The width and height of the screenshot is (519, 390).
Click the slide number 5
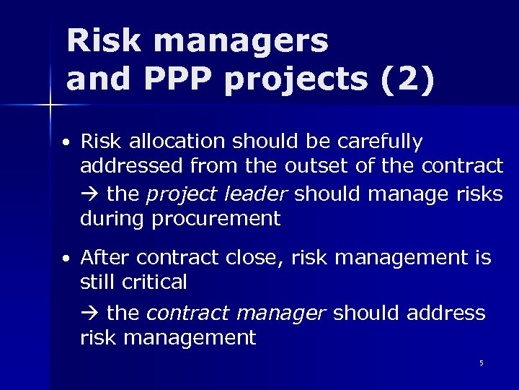click(482, 363)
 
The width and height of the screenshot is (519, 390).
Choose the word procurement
click(216, 219)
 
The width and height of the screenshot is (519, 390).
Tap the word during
click(112, 219)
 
